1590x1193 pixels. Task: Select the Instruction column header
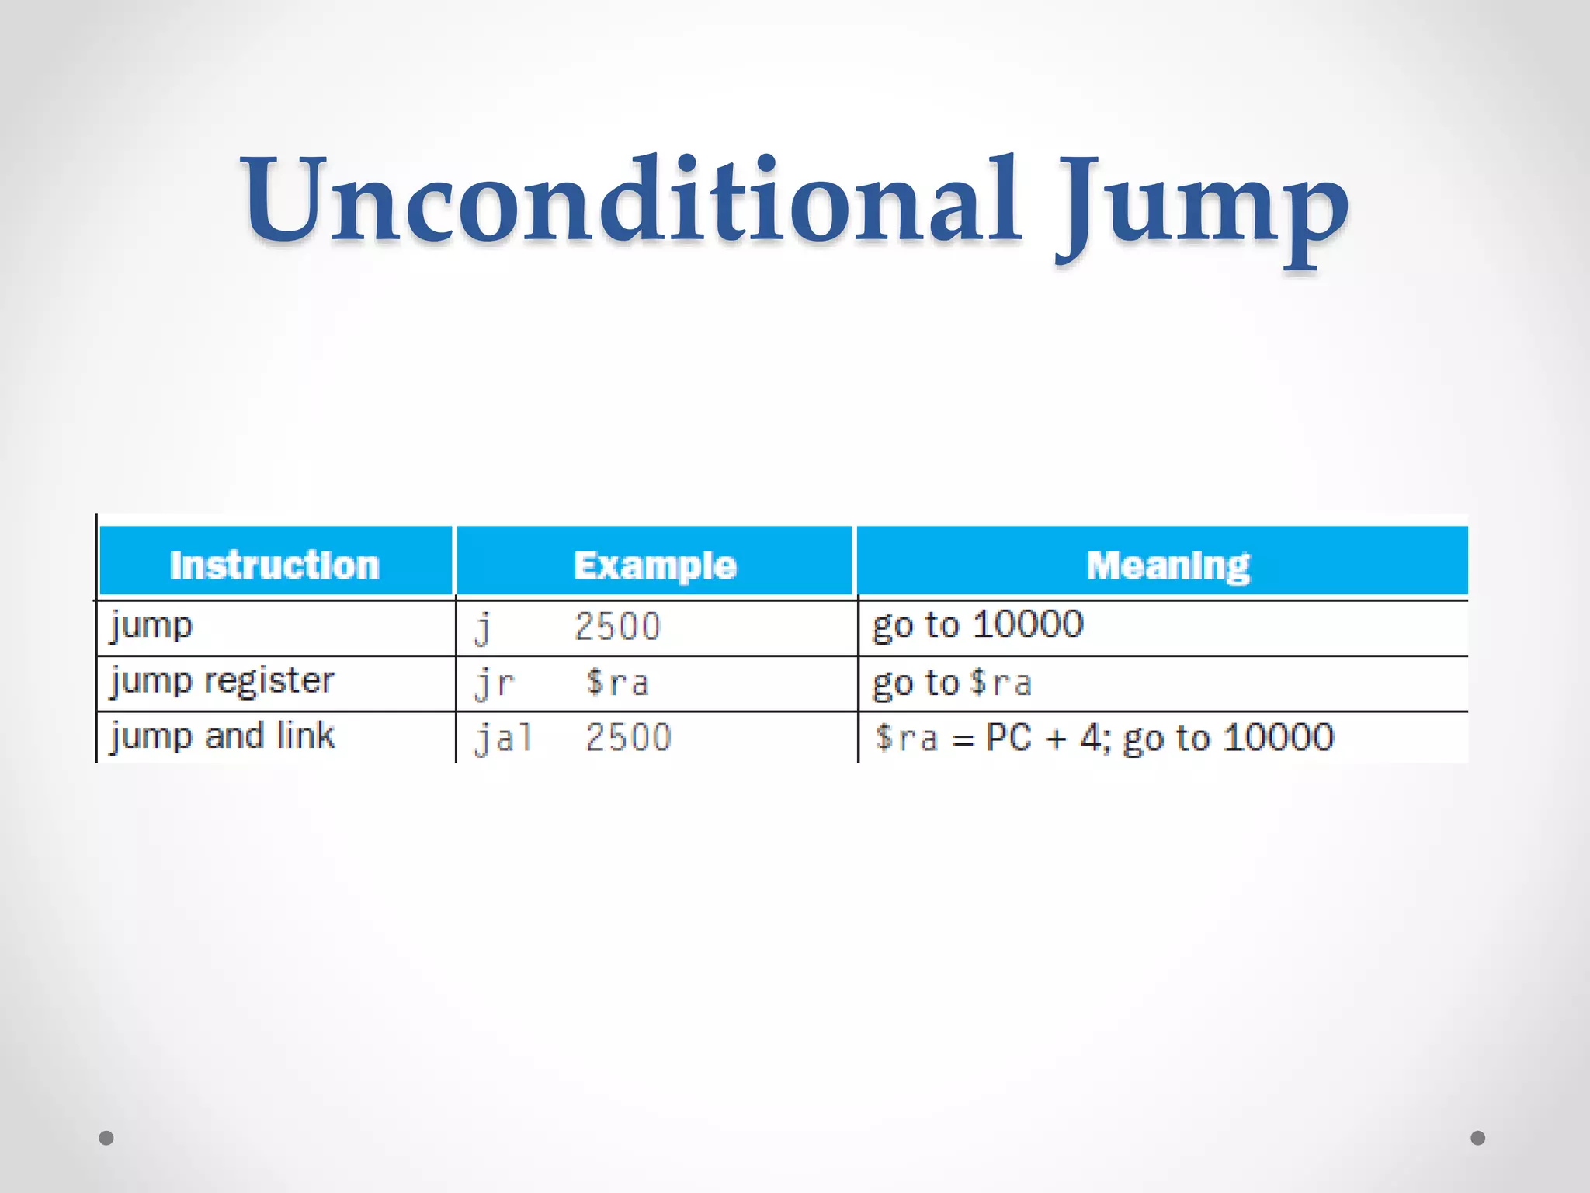(275, 565)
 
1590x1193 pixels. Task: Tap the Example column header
(655, 565)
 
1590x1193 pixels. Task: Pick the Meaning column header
(1168, 565)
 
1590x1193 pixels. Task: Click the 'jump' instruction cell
(151, 626)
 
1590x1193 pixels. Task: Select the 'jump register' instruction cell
(222, 681)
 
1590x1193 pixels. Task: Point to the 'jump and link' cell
(222, 736)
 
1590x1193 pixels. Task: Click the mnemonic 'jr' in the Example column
(495, 683)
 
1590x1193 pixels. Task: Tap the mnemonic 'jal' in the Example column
(504, 738)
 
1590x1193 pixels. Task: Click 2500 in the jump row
(617, 627)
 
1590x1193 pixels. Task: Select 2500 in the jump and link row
(628, 738)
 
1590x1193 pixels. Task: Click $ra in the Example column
(617, 683)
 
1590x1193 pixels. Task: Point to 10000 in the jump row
(1028, 624)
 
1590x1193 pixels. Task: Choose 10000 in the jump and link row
(1279, 737)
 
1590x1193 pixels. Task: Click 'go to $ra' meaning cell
(952, 683)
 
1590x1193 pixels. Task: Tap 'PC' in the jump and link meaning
(1008, 737)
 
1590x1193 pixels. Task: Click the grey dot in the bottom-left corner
(106, 1138)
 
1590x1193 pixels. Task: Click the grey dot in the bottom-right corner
(1478, 1138)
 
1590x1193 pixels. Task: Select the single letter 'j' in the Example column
(483, 628)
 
